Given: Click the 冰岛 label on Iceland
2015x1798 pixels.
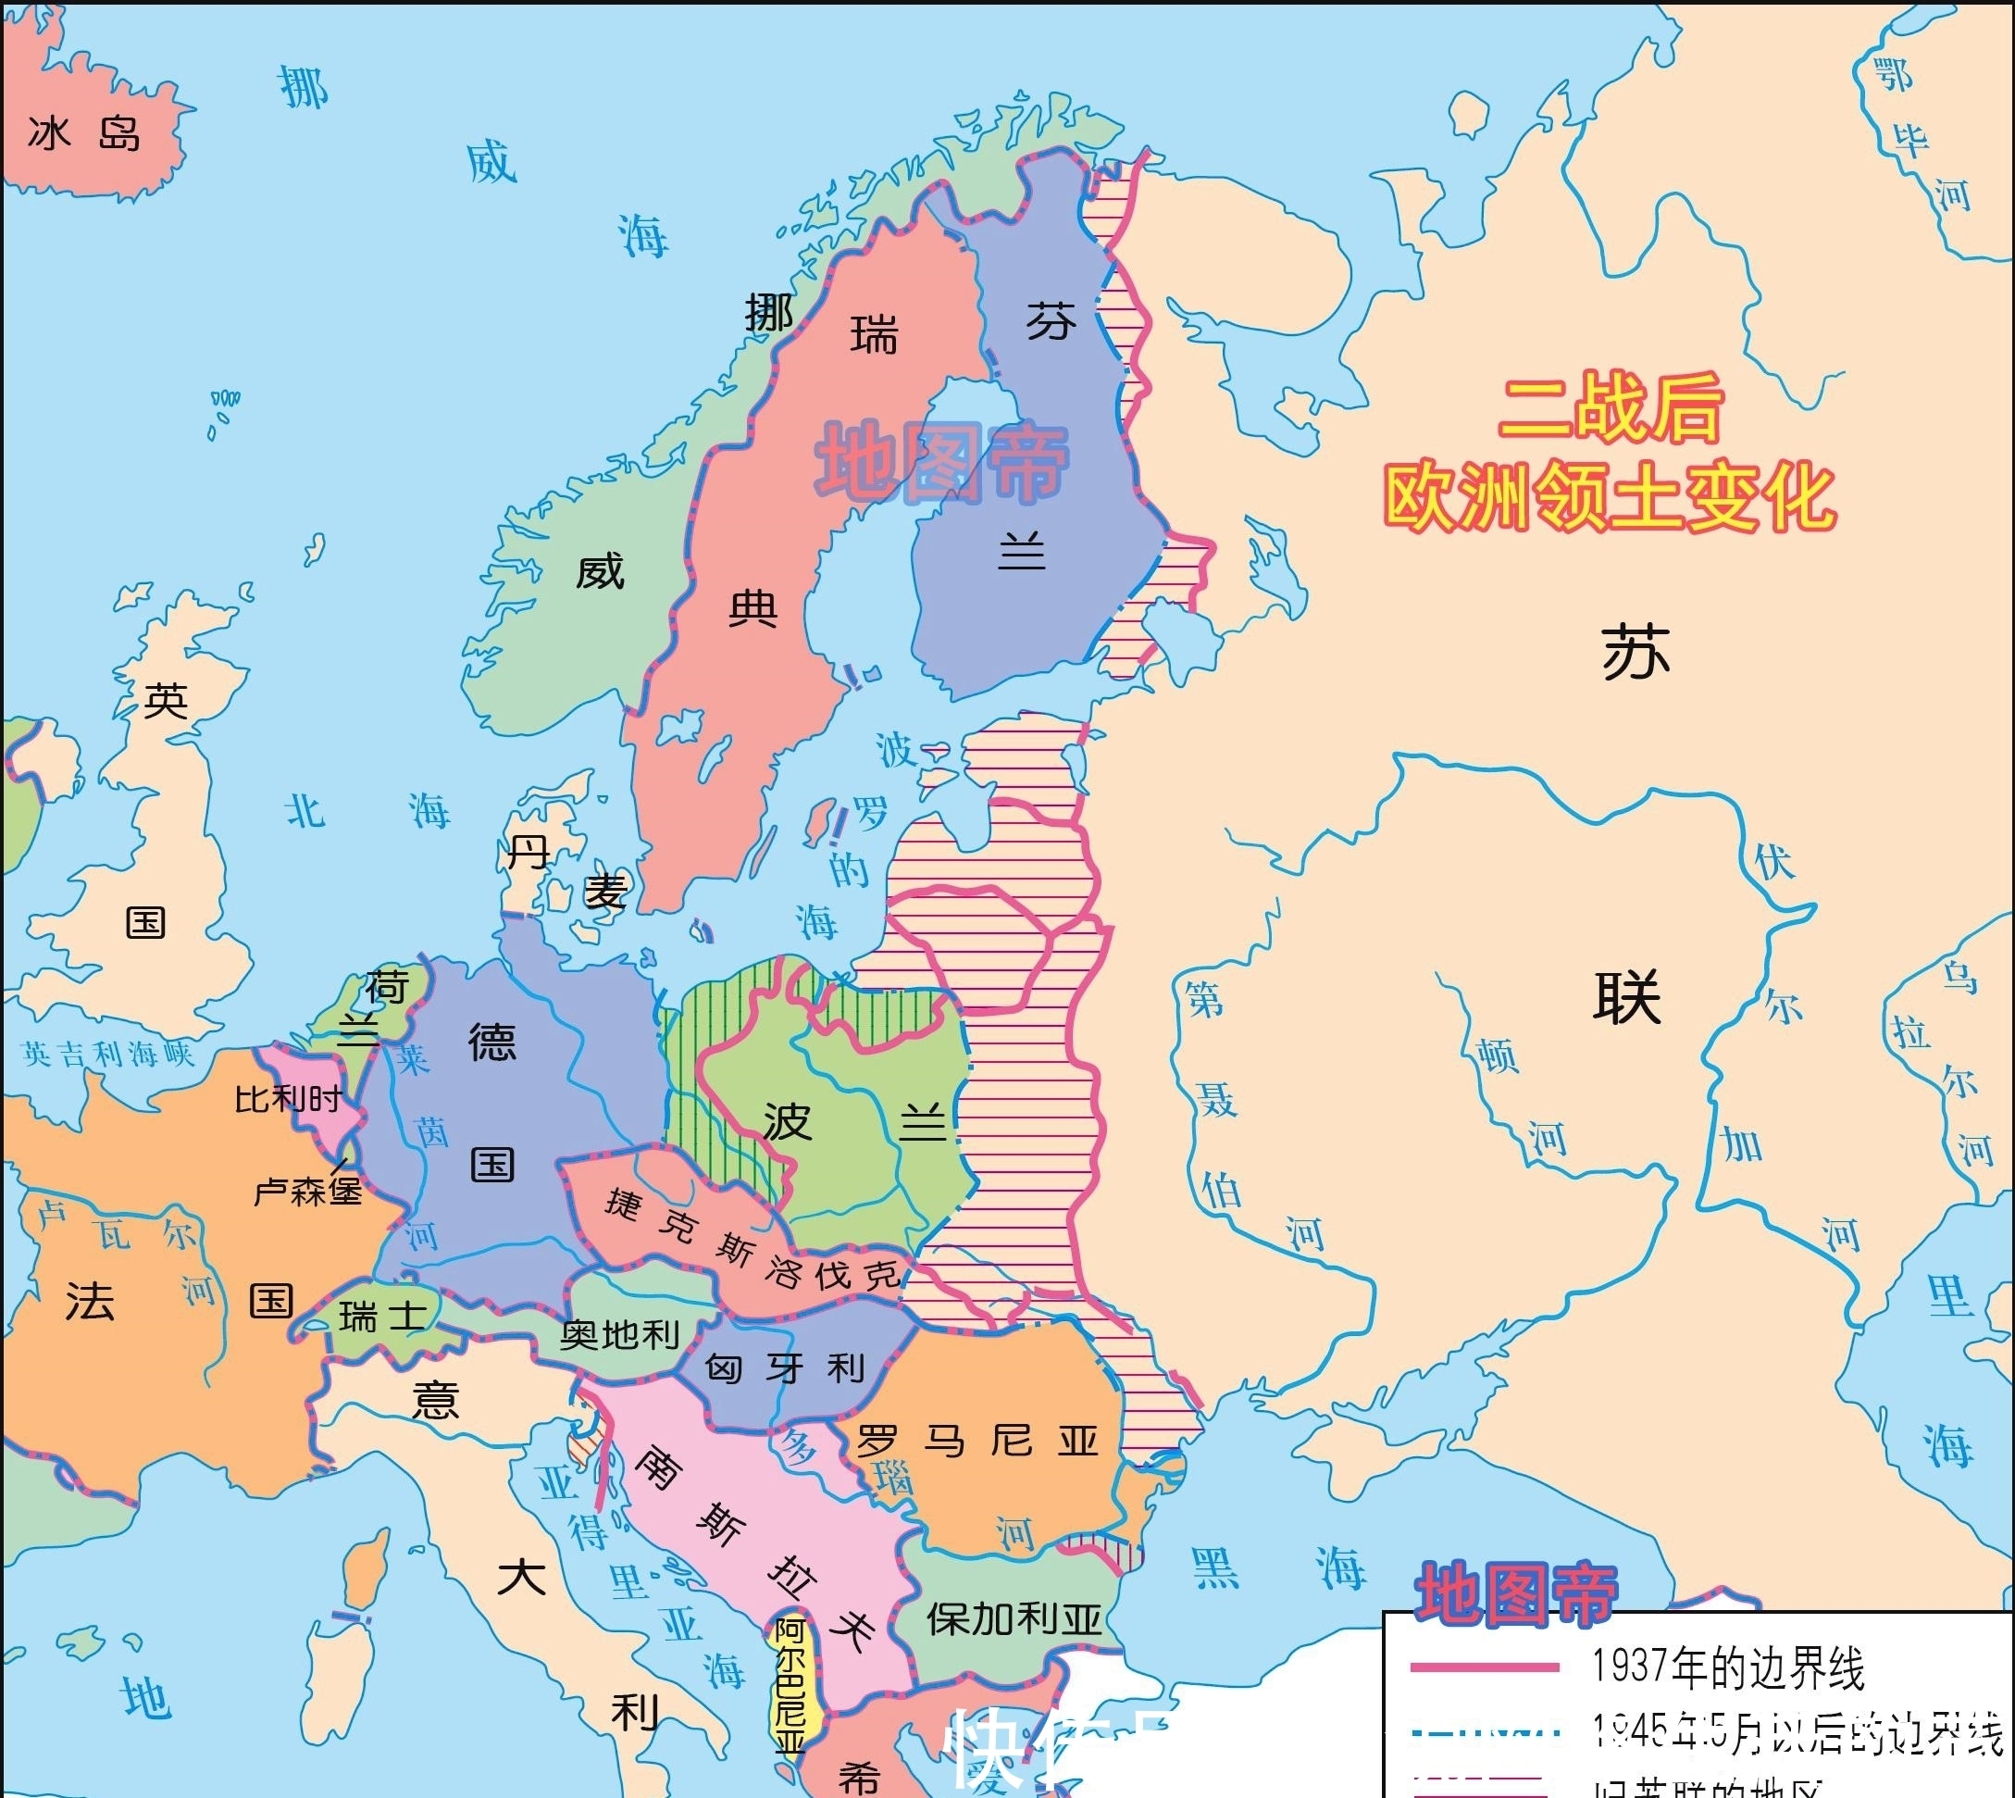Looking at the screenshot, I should pos(84,133).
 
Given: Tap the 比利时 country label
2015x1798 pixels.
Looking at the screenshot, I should pos(288,1099).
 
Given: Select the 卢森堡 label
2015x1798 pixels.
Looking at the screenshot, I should pos(307,1192).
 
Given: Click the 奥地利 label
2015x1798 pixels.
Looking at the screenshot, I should pos(619,1335).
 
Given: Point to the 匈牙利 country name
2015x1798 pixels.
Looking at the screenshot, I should pos(785,1369).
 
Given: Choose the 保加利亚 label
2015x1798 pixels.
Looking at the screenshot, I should pos(1014,1619).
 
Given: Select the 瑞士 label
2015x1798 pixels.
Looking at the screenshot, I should pos(382,1316).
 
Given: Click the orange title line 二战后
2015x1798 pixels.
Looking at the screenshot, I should pos(1611,407).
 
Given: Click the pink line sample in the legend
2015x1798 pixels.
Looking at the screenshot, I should pos(1484,1667).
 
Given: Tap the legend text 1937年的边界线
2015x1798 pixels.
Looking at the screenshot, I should pos(1727,1667).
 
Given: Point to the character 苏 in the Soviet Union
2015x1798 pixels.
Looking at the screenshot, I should pos(1636,653).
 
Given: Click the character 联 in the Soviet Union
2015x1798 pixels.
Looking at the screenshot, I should pos(1627,997).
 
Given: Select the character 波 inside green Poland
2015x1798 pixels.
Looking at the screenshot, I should pos(788,1121).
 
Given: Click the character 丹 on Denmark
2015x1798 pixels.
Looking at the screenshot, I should pos(529,852).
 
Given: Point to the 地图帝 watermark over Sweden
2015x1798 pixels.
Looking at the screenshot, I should pos(941,462).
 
